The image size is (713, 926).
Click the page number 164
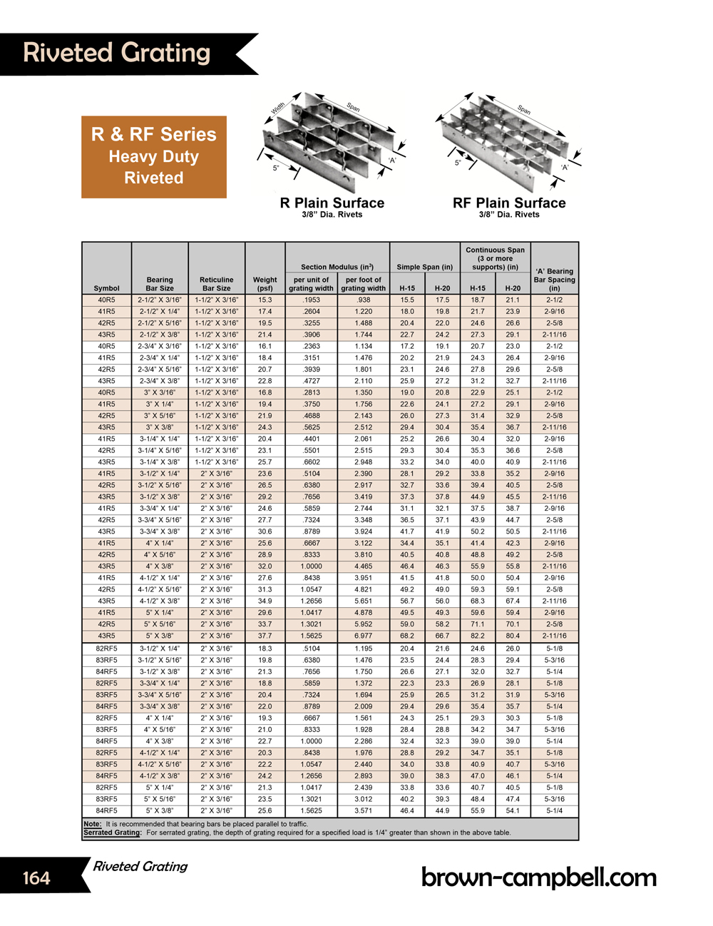point(36,877)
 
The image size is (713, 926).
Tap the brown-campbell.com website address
point(538,877)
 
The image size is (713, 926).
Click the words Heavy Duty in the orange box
point(154,156)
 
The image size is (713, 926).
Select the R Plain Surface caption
point(332,203)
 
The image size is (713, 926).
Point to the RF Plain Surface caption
point(509,203)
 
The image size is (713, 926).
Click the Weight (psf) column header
point(265,284)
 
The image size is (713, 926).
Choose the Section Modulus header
point(337,267)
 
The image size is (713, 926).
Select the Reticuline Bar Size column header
point(217,284)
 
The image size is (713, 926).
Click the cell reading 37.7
point(265,636)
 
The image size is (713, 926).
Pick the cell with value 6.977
point(364,636)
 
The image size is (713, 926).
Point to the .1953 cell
point(312,300)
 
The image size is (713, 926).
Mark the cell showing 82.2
point(478,636)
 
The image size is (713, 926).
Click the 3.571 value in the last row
point(364,810)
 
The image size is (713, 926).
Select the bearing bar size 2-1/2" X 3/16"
point(160,300)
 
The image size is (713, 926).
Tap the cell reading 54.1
point(513,810)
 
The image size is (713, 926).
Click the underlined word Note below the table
point(92,824)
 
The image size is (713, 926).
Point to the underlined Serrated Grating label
point(112,833)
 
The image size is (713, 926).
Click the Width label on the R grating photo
point(278,108)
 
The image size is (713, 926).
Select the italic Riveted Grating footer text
point(140,866)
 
